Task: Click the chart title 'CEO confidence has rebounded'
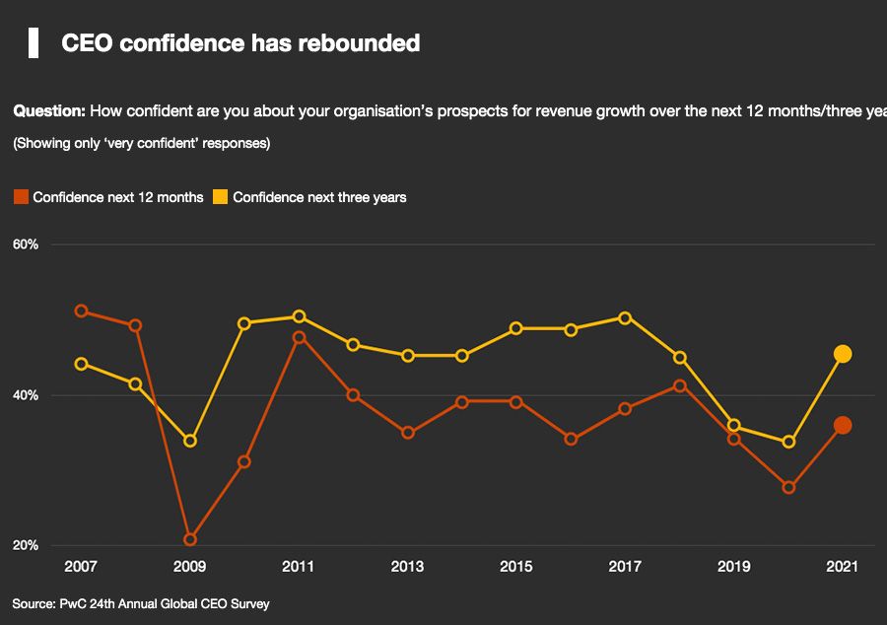(x=240, y=43)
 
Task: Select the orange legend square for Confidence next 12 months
(x=21, y=197)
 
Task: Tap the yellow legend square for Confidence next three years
(x=221, y=197)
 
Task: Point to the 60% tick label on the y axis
(x=26, y=244)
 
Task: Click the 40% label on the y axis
(x=26, y=395)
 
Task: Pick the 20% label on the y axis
(x=26, y=546)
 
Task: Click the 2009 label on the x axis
(x=189, y=567)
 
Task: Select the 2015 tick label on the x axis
(x=516, y=567)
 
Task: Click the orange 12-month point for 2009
(x=190, y=539)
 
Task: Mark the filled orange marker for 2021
(x=843, y=425)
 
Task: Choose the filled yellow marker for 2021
(x=843, y=354)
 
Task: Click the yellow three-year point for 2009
(x=190, y=441)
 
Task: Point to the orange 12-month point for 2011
(x=299, y=337)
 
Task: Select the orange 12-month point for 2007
(x=82, y=312)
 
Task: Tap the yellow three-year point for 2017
(x=625, y=317)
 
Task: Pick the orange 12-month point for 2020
(x=788, y=487)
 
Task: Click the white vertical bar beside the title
(x=34, y=43)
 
